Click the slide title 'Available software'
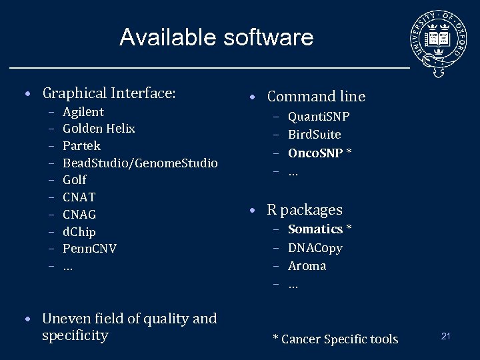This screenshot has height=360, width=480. [x=216, y=37]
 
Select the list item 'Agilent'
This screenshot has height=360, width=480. [x=83, y=112]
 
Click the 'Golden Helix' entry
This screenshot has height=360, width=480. [x=99, y=129]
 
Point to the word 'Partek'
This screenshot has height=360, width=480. [x=81, y=146]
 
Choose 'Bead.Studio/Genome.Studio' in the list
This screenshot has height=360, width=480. [x=140, y=163]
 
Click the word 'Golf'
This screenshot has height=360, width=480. [x=75, y=180]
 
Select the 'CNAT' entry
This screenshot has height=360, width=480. [x=79, y=197]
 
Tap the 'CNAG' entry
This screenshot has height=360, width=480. [x=79, y=215]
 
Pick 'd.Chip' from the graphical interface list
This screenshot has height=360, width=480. [x=79, y=232]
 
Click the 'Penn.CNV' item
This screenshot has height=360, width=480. [x=89, y=249]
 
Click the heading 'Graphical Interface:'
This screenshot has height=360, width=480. [x=109, y=93]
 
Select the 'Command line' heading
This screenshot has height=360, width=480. [x=316, y=97]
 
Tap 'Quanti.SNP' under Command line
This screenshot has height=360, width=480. [x=319, y=117]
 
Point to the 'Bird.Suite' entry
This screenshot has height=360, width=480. [x=315, y=135]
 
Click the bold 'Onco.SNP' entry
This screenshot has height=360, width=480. [x=315, y=153]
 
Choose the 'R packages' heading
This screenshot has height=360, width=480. [x=305, y=210]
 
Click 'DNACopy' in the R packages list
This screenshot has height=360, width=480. [x=315, y=248]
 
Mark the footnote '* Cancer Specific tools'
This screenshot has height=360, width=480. [x=335, y=339]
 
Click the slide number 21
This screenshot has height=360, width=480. [x=446, y=336]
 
